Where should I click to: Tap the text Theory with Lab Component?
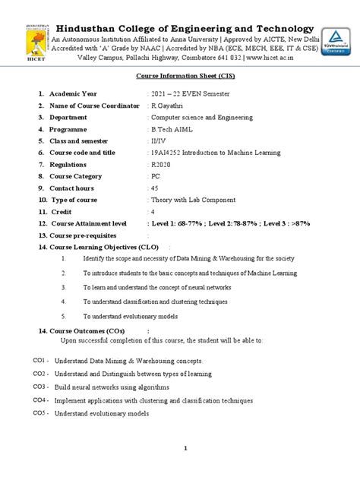click(191, 200)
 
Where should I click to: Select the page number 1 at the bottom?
click(185, 449)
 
